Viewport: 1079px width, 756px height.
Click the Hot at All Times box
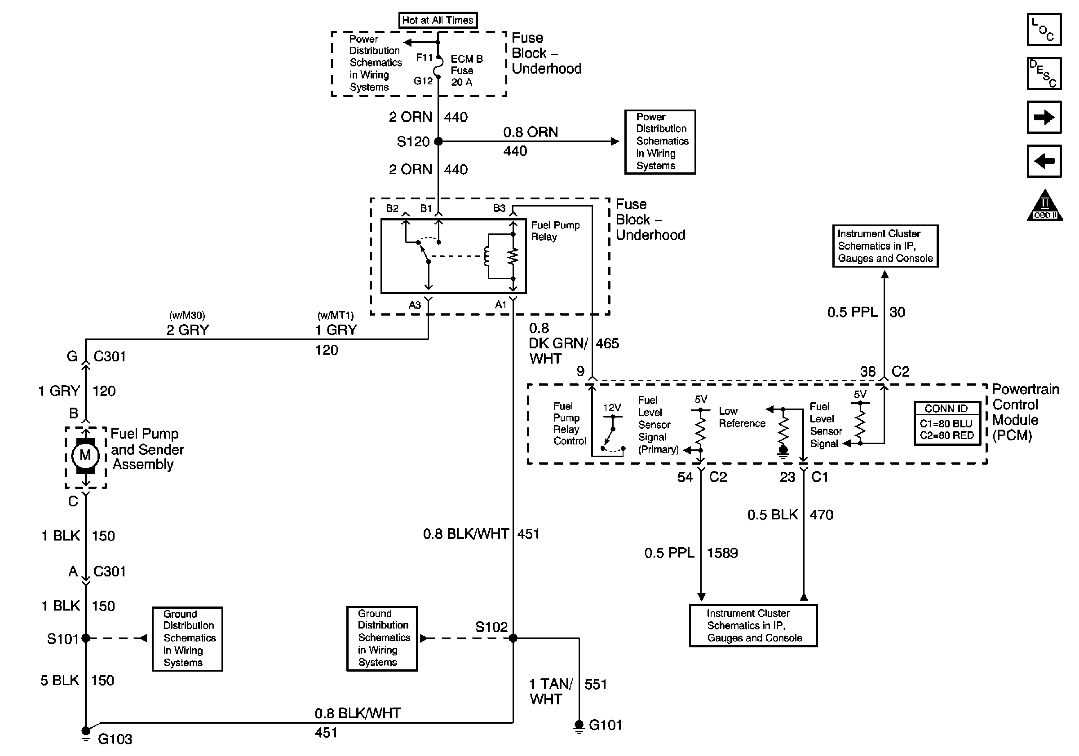point(438,20)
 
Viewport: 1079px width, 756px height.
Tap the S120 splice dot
point(438,141)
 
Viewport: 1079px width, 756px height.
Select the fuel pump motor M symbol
point(85,455)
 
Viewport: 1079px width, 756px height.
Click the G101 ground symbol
point(579,725)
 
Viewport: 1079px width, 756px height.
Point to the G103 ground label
point(115,739)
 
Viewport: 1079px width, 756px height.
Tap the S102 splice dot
point(513,637)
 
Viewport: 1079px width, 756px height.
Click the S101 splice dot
point(85,637)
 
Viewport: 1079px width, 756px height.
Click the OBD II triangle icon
point(1044,206)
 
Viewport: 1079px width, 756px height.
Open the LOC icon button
point(1044,30)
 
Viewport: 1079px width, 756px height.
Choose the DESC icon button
point(1044,73)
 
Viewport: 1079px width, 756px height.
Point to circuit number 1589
point(722,553)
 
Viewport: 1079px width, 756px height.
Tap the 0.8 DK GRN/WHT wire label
point(557,343)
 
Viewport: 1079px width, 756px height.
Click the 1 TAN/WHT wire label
point(551,691)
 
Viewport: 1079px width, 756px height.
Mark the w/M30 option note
point(186,316)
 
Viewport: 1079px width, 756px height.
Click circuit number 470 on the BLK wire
point(821,514)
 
